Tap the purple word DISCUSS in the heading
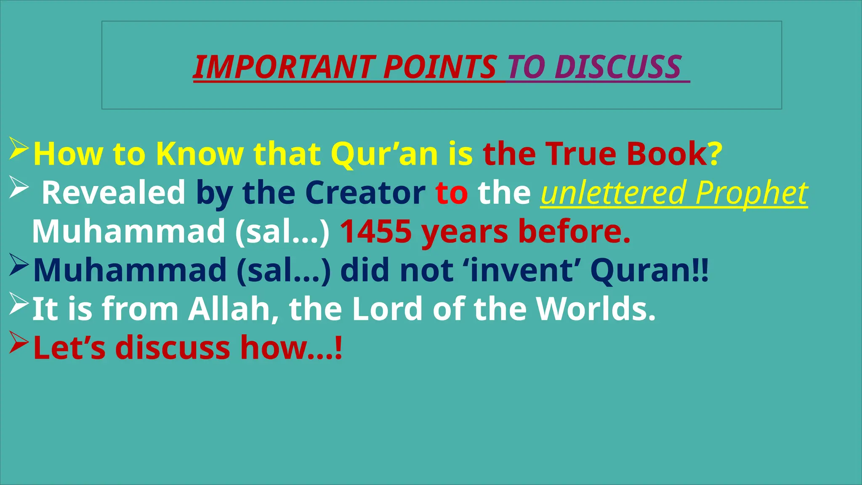pyautogui.click(x=617, y=67)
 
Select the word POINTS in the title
pyautogui.click(x=440, y=67)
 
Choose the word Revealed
pyautogui.click(x=114, y=193)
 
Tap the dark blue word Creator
pyautogui.click(x=365, y=193)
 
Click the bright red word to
pyautogui.click(x=452, y=193)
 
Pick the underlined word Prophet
pyautogui.click(x=751, y=193)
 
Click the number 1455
pyautogui.click(x=375, y=232)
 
